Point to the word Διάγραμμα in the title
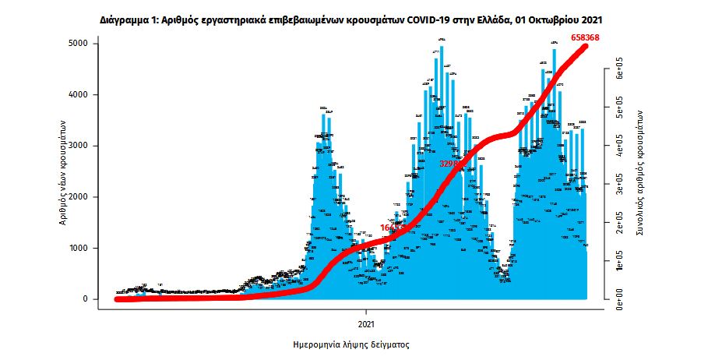coord(126,16)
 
